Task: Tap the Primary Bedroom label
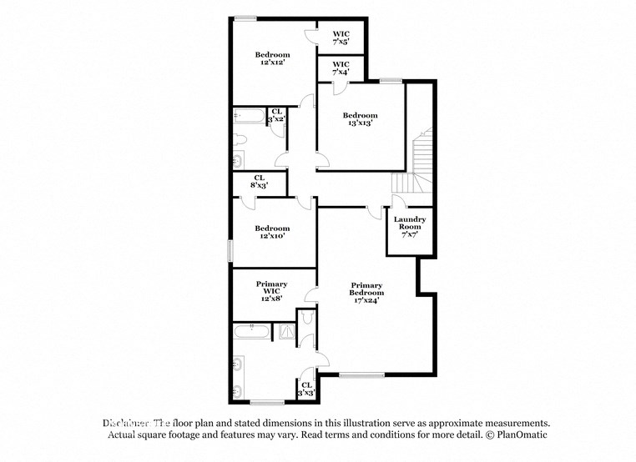coord(366,289)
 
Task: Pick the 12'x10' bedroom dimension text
coord(272,237)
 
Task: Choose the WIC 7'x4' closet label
coord(341,68)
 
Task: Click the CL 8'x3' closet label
coord(259,181)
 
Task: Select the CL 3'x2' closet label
coord(276,116)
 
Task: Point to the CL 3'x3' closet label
coord(306,388)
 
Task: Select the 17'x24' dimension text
coord(366,301)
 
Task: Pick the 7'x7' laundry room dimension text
coord(409,235)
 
